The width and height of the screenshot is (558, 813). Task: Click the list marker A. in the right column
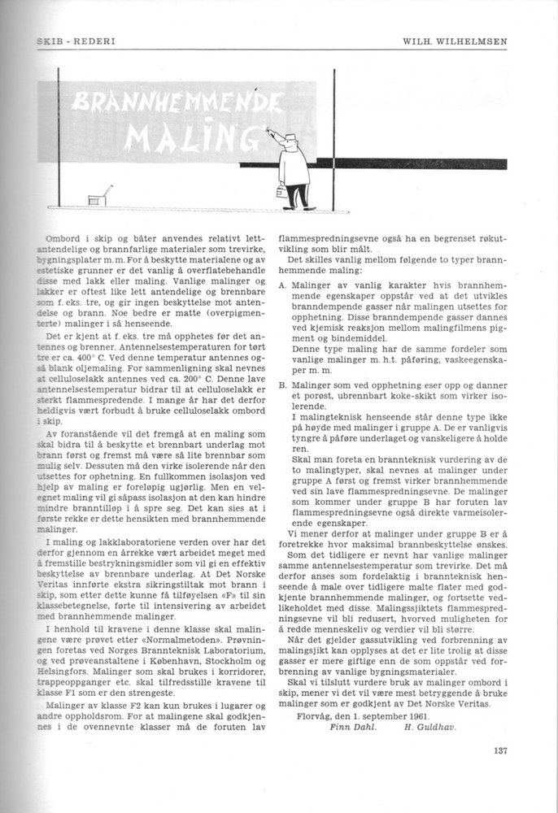tap(281, 286)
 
